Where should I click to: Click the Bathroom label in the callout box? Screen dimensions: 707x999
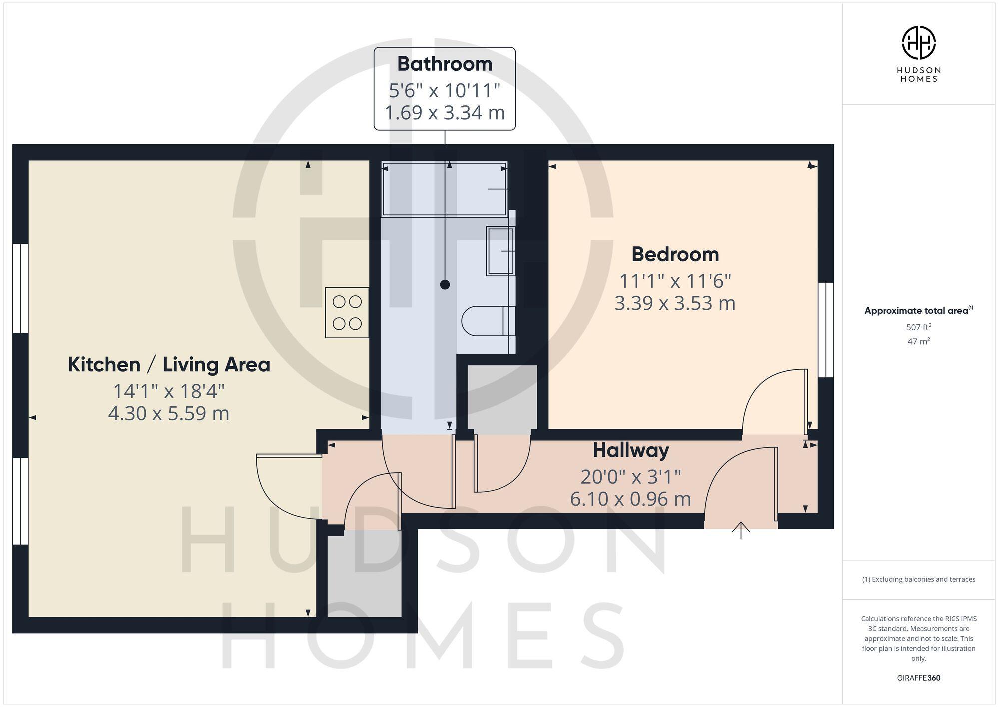(445, 64)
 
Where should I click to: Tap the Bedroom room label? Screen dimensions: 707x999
(675, 254)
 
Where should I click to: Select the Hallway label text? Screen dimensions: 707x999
(631, 450)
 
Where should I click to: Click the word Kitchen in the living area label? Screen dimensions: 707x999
(104, 365)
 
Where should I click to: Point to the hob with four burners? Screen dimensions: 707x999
(347, 313)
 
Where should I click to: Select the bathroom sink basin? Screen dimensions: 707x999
(500, 251)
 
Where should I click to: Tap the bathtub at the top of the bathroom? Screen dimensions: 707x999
(444, 189)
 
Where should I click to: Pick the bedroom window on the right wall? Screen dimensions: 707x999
(826, 330)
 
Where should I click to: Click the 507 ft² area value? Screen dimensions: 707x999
(918, 327)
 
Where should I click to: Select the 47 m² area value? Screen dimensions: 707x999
(918, 342)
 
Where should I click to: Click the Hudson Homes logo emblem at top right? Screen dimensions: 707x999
(918, 43)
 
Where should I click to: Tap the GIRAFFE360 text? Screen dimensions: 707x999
(918, 678)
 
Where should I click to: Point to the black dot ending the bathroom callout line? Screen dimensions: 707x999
(445, 285)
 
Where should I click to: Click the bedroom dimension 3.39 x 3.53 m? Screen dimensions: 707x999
(675, 303)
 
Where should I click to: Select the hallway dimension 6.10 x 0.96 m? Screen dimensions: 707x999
(630, 499)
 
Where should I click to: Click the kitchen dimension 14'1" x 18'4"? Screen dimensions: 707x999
(169, 391)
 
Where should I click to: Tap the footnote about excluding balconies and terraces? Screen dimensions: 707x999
(918, 579)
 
